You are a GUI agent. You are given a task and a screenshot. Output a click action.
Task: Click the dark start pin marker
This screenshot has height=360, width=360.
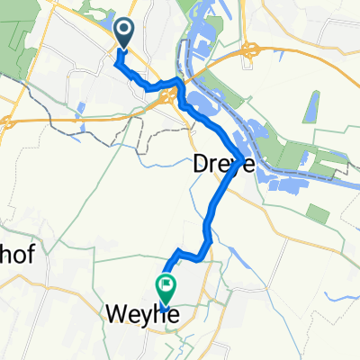[124, 33]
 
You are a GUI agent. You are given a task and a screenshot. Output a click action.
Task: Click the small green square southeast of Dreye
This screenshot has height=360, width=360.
[317, 214]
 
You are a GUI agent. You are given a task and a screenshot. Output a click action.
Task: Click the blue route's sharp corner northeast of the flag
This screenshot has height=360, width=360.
[179, 251]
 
